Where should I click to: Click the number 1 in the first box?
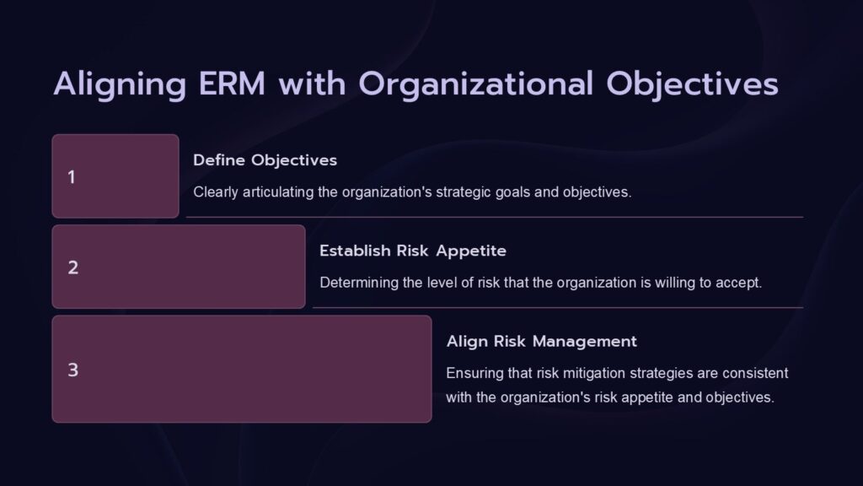pos(72,177)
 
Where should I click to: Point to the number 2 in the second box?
pos(72,267)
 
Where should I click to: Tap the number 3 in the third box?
pos(72,370)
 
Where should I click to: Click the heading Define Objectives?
pos(265,160)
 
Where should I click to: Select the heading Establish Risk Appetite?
pos(413,251)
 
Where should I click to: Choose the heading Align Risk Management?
pos(541,342)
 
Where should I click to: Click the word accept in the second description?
pos(738,283)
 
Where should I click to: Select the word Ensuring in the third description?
pos(473,372)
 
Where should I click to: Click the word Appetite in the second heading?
pos(475,251)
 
